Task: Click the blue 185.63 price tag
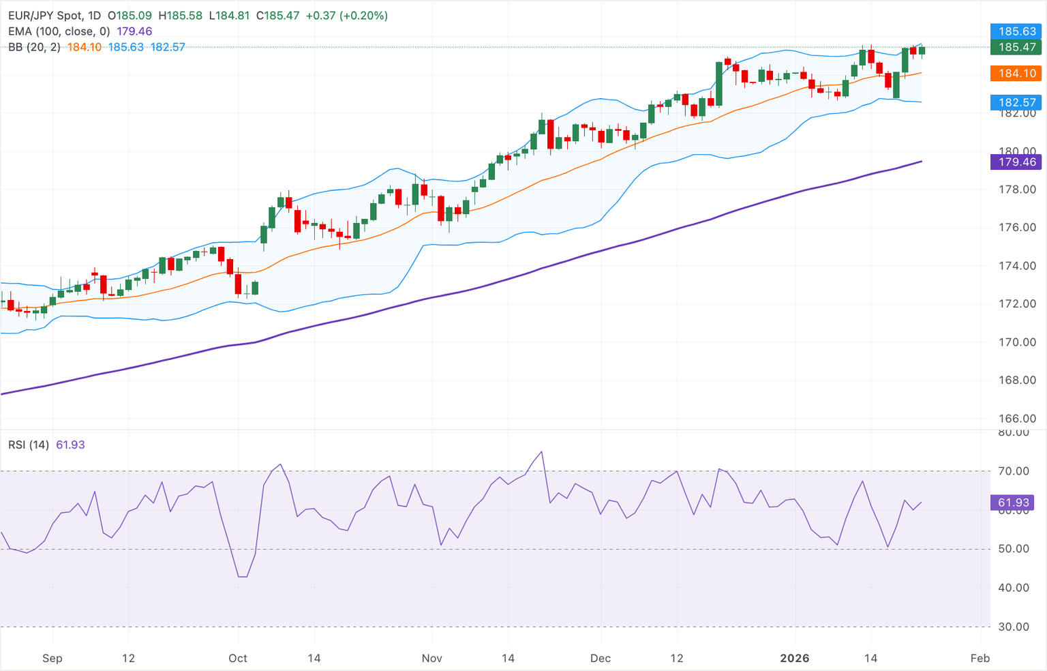click(x=1016, y=31)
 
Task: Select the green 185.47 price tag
click(x=1016, y=47)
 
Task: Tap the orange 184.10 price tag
click(x=1016, y=73)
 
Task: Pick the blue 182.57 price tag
click(x=1016, y=103)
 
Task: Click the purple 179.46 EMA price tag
click(x=1016, y=162)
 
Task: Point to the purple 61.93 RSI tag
click(x=1013, y=503)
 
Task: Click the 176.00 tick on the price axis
click(x=1017, y=228)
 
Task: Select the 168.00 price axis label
click(x=1017, y=381)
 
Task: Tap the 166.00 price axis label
click(x=1017, y=419)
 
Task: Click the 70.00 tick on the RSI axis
click(x=1014, y=471)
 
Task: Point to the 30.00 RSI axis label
click(x=1014, y=627)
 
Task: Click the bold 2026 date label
click(x=795, y=658)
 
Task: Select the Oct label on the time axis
click(x=238, y=658)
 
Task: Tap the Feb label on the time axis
click(x=980, y=658)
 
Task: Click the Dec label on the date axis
click(x=601, y=658)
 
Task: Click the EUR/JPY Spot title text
click(x=46, y=15)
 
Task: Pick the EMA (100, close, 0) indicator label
click(x=59, y=31)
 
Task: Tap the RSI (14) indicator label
click(x=29, y=445)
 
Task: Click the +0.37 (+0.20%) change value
click(x=346, y=15)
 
